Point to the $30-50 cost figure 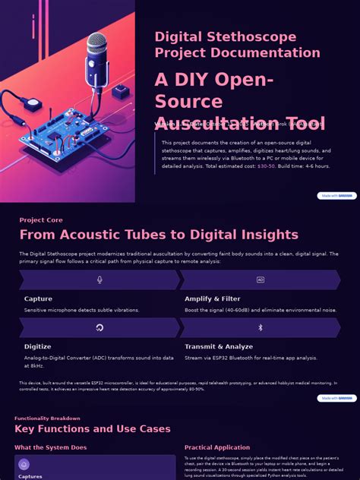click(x=266, y=166)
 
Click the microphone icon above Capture click(x=99, y=280)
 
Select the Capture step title click(x=38, y=299)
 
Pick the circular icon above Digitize click(x=99, y=328)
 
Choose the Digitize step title click(x=38, y=347)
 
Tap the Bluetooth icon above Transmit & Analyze click(x=261, y=328)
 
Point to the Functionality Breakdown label click(x=47, y=418)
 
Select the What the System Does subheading click(x=50, y=448)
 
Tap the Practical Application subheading click(x=217, y=448)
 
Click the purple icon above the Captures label click(x=24, y=465)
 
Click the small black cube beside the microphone click(x=120, y=92)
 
